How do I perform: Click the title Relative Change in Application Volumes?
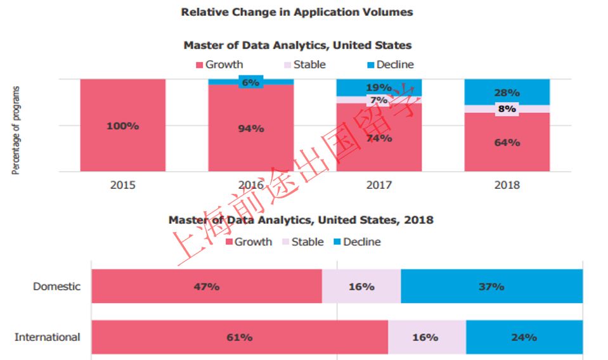[297, 12]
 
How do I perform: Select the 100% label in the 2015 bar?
[122, 126]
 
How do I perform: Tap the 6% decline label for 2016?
[251, 82]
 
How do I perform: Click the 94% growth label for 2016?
[251, 129]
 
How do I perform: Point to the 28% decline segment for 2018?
[507, 93]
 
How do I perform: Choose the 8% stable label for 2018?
[507, 108]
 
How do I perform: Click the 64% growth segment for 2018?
[507, 143]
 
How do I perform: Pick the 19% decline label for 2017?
[378, 88]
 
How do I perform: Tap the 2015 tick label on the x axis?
[122, 185]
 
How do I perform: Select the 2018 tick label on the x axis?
[507, 185]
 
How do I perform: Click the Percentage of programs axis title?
[16, 131]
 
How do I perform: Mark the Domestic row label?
[57, 286]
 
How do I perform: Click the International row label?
[48, 337]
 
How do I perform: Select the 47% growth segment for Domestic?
[207, 286]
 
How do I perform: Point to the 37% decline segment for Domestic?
[491, 286]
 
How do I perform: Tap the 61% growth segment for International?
[240, 337]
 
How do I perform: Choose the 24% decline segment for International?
[524, 337]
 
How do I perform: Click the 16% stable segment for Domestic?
[361, 286]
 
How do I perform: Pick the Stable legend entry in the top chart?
[304, 65]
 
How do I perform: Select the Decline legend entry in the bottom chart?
[357, 242]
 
